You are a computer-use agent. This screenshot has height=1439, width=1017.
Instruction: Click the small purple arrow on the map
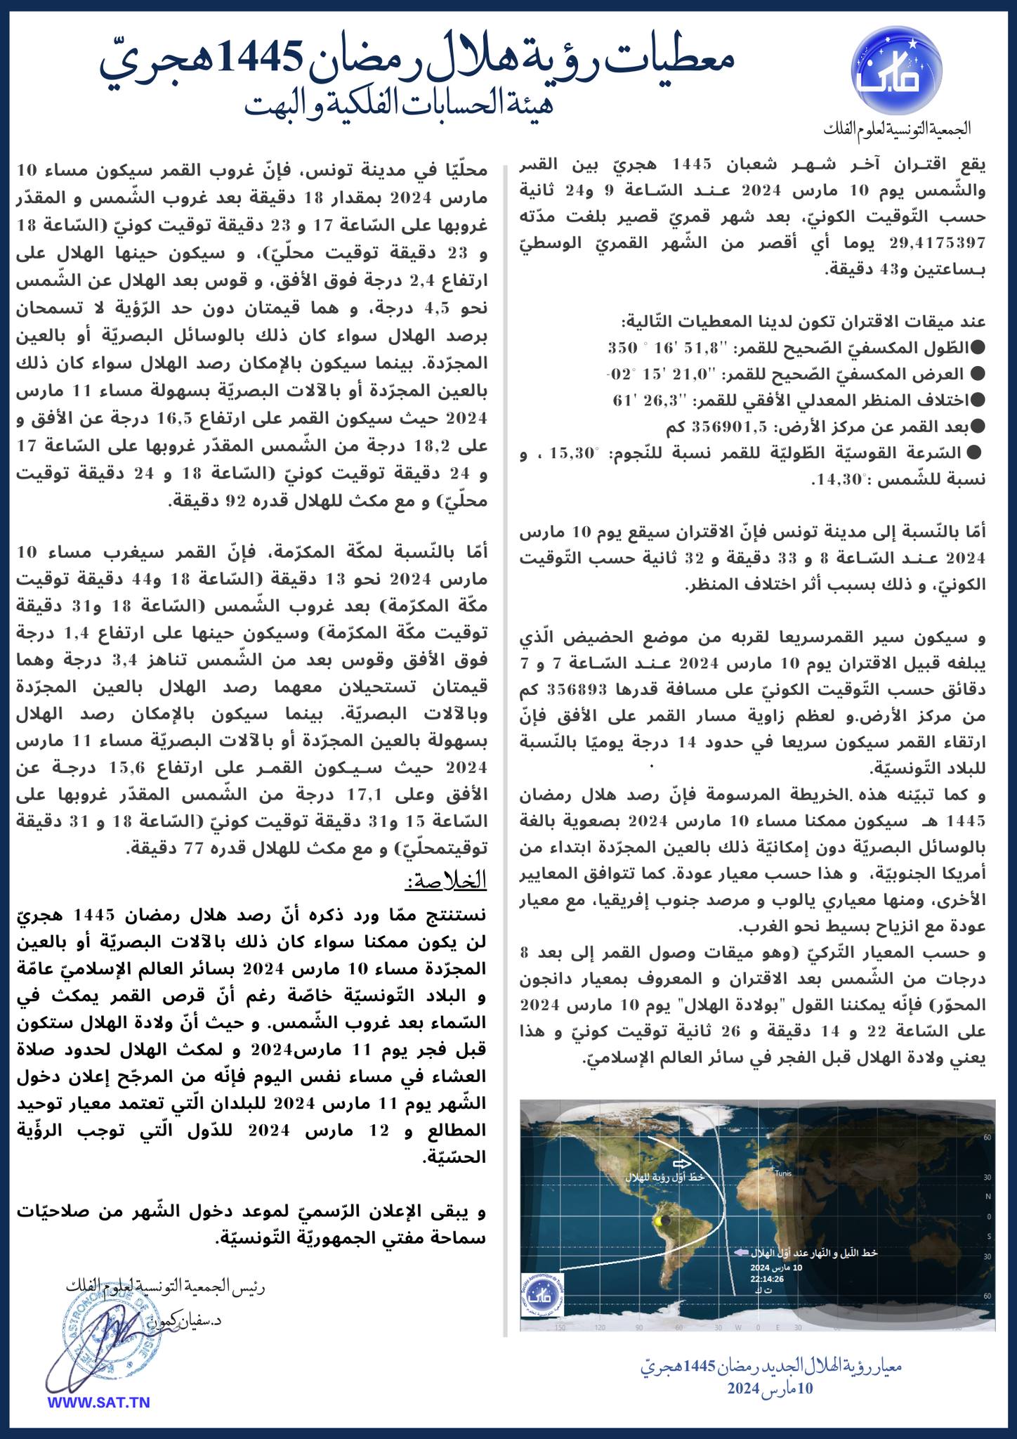[740, 1252]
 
